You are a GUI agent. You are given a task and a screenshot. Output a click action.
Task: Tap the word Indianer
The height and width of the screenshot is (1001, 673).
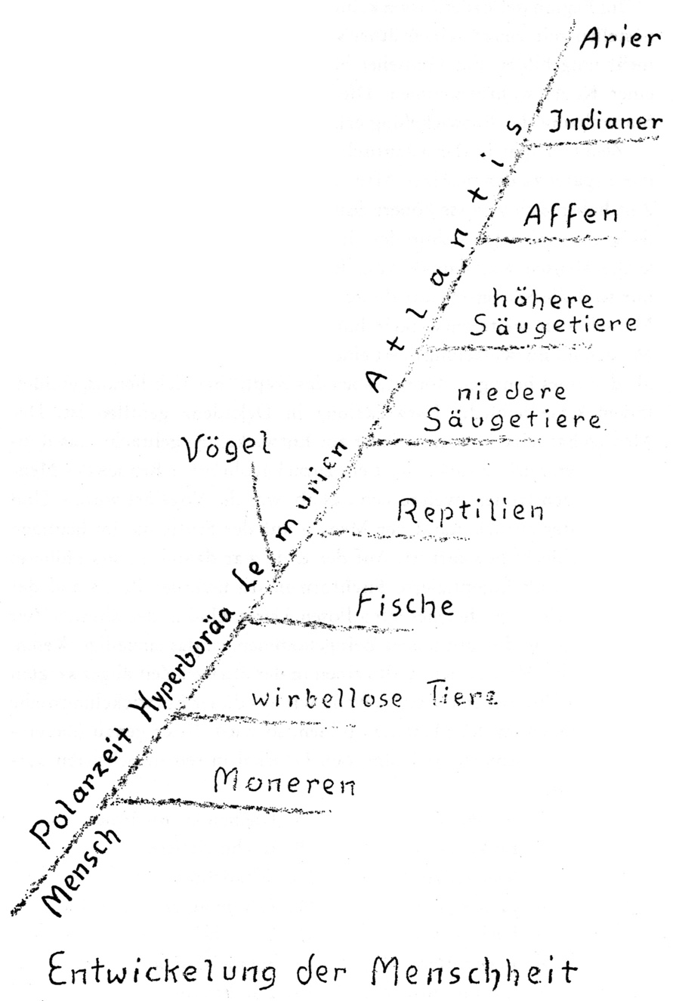(x=606, y=123)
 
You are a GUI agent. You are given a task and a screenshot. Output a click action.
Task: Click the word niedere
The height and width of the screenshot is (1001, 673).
(x=502, y=394)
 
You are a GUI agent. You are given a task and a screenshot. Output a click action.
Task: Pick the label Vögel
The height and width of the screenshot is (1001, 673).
(x=227, y=449)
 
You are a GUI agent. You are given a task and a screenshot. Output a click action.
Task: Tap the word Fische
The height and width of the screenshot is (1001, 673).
(x=405, y=604)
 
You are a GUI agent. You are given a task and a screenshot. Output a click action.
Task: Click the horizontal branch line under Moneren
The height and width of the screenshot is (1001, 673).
(x=227, y=805)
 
